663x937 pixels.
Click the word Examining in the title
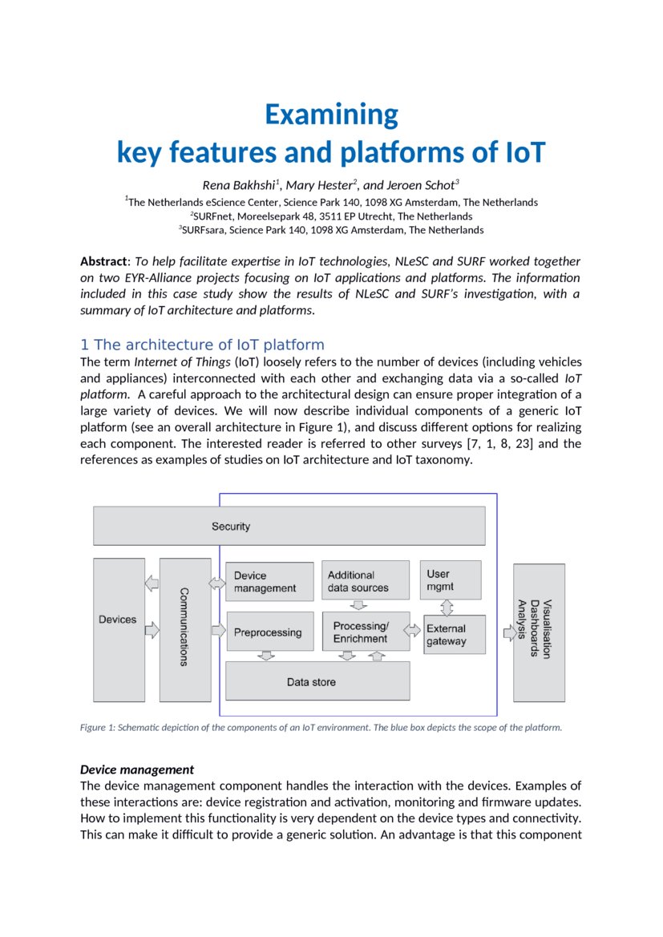tap(331, 115)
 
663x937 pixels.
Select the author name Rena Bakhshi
tap(237, 186)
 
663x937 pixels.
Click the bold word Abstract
tap(104, 261)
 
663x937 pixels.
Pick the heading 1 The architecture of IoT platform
tap(202, 345)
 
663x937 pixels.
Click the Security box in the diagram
tap(289, 526)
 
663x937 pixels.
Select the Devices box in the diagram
tap(119, 620)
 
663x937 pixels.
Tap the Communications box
tap(184, 629)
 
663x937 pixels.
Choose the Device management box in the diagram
tap(270, 582)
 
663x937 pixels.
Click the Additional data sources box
tap(366, 581)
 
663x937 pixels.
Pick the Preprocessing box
tap(270, 632)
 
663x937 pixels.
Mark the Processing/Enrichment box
tap(366, 632)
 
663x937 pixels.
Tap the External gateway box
tap(454, 635)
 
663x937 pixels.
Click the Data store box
tap(317, 682)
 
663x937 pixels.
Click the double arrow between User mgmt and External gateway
tap(447, 607)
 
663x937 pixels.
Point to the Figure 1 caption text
tap(321, 728)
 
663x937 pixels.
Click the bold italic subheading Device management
tap(137, 769)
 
